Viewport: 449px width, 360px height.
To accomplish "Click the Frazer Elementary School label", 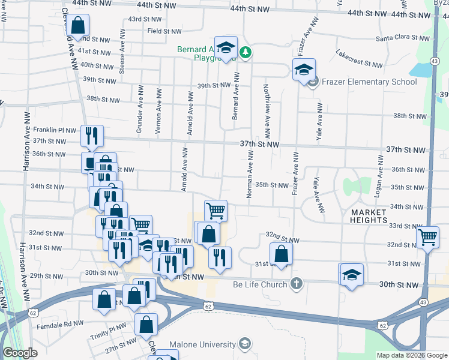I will (x=369, y=82).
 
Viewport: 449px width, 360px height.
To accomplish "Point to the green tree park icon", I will (x=245, y=53).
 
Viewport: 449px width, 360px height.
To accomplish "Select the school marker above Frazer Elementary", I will (x=304, y=69).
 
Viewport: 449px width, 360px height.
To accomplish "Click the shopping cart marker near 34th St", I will (x=215, y=210).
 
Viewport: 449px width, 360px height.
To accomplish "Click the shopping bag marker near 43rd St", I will (x=77, y=25).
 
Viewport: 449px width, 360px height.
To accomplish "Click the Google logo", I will (x=20, y=353).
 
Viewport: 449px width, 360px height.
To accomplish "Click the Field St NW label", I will (x=164, y=31).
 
